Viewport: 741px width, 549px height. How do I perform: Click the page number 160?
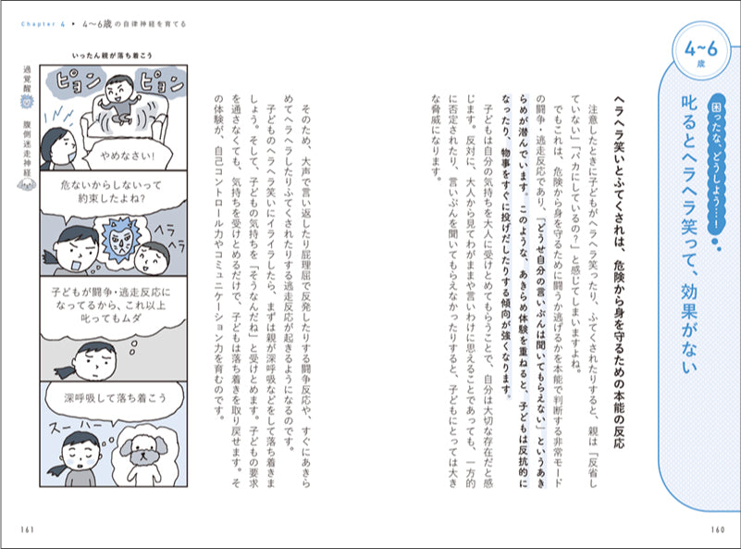pos(714,529)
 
